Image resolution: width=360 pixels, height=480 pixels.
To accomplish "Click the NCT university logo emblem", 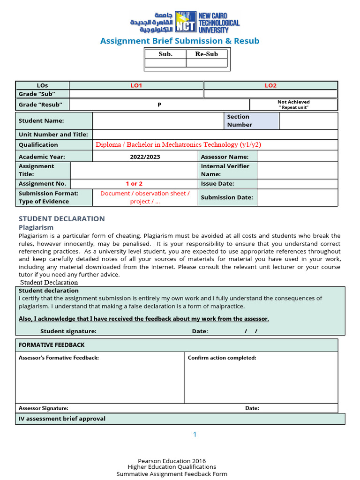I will tap(186, 22).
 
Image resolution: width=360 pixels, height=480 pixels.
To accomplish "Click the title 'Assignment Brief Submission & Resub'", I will tap(180, 41).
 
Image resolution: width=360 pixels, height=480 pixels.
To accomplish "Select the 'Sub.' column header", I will tap(165, 54).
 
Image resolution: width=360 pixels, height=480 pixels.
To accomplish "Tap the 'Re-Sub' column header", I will tap(206, 54).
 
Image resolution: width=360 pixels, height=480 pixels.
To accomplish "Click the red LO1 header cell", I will tap(136, 85).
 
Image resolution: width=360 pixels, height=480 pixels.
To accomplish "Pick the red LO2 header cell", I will tap(270, 85).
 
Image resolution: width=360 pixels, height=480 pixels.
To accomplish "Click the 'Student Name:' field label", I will tap(41, 120).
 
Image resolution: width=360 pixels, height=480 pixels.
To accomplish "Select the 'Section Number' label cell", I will tap(240, 120).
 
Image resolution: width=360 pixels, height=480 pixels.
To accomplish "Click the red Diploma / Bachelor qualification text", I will tap(178, 144).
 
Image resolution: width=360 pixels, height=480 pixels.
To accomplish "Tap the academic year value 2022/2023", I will tap(145, 157).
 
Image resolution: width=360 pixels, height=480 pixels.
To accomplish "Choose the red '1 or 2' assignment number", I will tap(134, 184).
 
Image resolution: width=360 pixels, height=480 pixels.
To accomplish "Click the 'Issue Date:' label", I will tap(217, 184).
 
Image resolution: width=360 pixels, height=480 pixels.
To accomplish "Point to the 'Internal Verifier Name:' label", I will tap(225, 170).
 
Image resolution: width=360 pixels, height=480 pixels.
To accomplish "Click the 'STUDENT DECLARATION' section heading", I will tap(61, 218).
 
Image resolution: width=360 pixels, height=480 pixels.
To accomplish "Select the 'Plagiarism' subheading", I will tap(36, 227).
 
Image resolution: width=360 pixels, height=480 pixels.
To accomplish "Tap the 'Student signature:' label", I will tap(68, 331).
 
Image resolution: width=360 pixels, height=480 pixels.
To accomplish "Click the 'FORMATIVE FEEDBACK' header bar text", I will tap(52, 345).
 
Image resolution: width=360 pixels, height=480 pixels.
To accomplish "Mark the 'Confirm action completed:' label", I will tap(222, 358).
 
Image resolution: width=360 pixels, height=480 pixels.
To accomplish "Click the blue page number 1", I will tap(195, 435).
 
